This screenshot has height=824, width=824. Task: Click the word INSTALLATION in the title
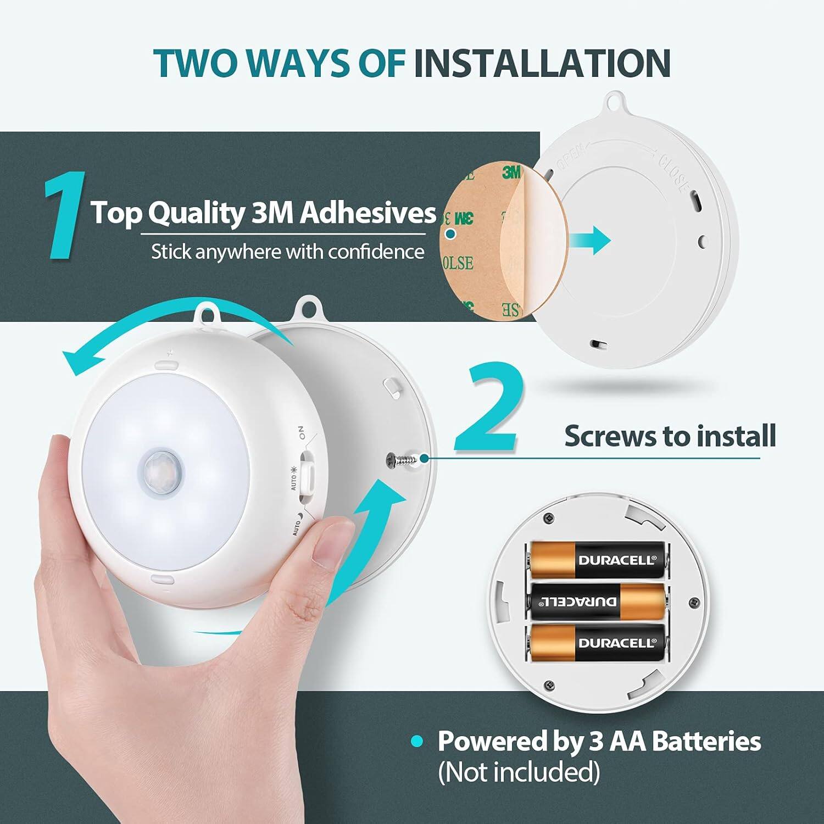pos(542,63)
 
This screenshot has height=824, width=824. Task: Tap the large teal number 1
pos(65,215)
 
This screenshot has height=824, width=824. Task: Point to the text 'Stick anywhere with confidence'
pos(287,252)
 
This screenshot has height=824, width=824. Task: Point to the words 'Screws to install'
pos(670,436)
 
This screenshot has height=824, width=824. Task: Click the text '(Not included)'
pos(519,772)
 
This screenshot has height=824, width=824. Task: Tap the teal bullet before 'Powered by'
pos(417,742)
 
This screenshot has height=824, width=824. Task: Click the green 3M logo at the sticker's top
pos(511,172)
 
